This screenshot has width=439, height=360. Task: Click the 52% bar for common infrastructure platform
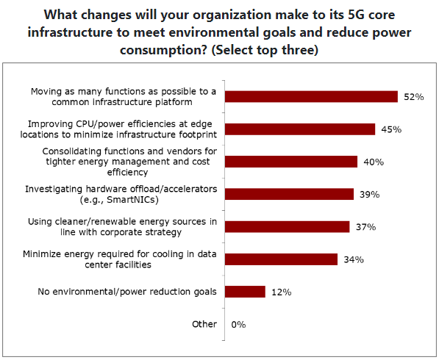coord(311,97)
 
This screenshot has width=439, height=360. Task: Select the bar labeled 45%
coord(300,129)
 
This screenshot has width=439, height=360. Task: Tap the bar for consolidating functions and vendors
coord(291,162)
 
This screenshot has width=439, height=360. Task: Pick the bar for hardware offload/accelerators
coord(289,194)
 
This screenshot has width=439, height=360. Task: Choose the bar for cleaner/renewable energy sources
coord(288,226)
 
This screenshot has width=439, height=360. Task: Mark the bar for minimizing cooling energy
coord(281,259)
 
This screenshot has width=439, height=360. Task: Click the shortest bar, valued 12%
coord(245,292)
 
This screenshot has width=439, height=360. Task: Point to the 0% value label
coord(238,325)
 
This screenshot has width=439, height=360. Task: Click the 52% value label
coord(414,97)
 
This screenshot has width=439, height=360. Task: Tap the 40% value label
coord(374,162)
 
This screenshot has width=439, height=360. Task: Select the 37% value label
coord(365,227)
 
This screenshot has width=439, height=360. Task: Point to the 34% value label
coord(354,259)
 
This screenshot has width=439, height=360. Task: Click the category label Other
coord(204,324)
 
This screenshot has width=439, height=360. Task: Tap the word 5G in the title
coord(356,15)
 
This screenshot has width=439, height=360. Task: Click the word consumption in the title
coord(163,51)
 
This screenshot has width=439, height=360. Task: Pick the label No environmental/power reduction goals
coord(127,292)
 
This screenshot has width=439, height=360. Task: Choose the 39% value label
coord(370,195)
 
